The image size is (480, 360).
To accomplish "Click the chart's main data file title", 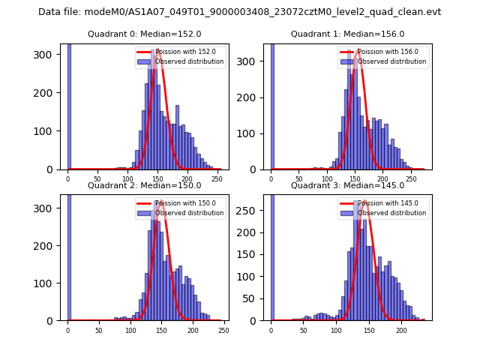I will coord(239,12).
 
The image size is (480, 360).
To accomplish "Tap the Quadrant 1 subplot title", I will coord(347,34).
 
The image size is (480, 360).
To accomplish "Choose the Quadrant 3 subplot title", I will coord(347,185).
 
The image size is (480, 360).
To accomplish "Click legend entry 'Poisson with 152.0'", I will coord(180,52).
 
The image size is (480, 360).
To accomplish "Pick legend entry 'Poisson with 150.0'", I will coord(180,203).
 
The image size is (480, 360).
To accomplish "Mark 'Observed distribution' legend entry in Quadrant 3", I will coord(391,213).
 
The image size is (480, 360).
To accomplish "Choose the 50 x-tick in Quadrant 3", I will coord(304,330).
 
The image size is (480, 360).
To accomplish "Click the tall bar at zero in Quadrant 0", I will coord(68,105).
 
